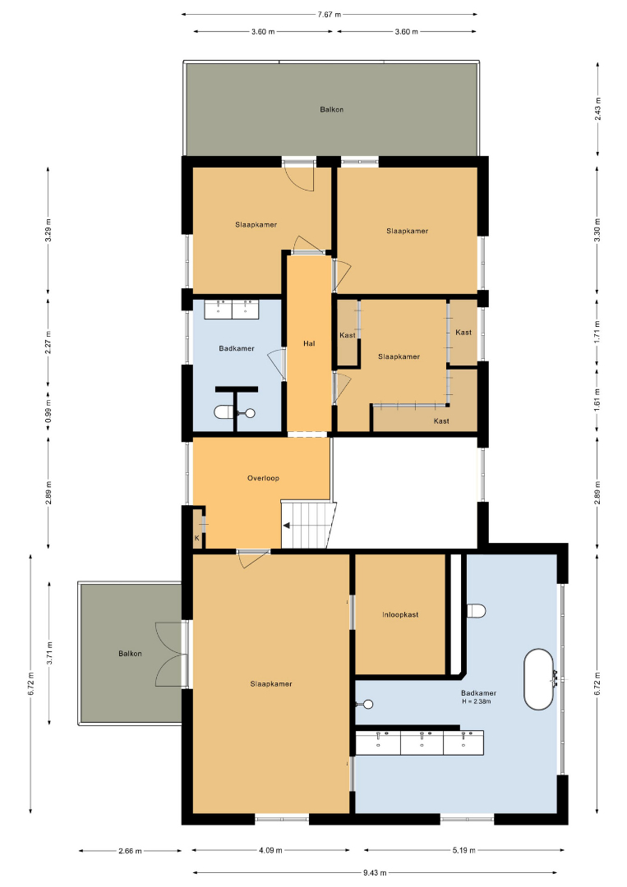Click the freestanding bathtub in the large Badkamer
tap(538, 679)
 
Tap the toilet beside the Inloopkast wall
tap(476, 611)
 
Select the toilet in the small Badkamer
tap(224, 412)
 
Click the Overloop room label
tap(263, 478)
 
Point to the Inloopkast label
tap(400, 614)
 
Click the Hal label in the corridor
tap(309, 343)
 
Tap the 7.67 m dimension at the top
tap(330, 15)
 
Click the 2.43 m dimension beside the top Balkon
tap(598, 108)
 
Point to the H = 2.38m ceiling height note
tap(477, 701)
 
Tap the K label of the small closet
tap(197, 538)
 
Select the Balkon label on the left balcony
tap(130, 654)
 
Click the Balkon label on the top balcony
tap(332, 109)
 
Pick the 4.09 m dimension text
tap(270, 850)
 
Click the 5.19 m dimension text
tap(463, 850)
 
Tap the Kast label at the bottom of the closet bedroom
tap(441, 421)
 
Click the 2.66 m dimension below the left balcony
tap(130, 850)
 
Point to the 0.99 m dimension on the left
tap(48, 411)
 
